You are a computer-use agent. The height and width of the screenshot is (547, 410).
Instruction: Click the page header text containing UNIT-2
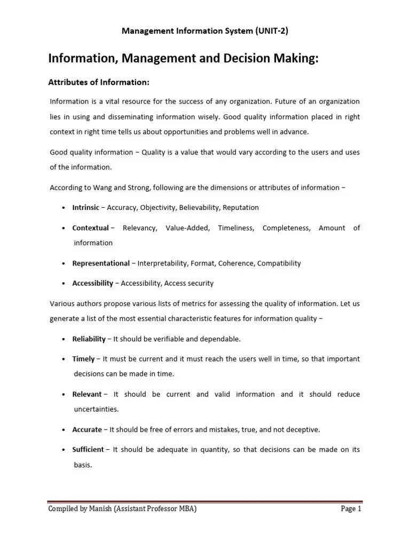(x=205, y=31)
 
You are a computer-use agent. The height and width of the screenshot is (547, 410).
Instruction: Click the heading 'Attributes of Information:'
(x=99, y=82)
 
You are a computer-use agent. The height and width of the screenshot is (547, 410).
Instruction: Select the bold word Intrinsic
(x=85, y=207)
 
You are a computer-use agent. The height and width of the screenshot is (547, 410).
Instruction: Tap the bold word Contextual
(x=90, y=228)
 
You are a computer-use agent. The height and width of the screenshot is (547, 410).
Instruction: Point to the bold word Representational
(x=101, y=263)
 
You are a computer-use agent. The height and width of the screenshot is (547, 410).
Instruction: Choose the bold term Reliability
(x=89, y=339)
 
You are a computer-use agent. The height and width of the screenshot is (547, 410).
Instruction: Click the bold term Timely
(x=83, y=359)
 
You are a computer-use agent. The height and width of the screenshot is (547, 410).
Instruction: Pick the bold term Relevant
(x=86, y=394)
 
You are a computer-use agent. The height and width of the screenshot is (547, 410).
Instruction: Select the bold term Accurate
(x=87, y=429)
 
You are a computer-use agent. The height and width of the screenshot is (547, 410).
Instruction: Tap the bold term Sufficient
(x=88, y=450)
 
